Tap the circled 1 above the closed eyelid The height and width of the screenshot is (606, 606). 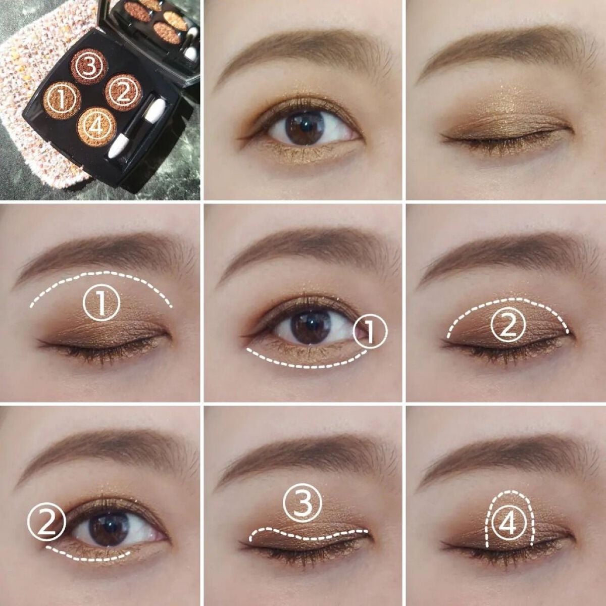pyautogui.click(x=101, y=303)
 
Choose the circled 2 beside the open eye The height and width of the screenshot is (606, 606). pyautogui.click(x=46, y=522)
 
